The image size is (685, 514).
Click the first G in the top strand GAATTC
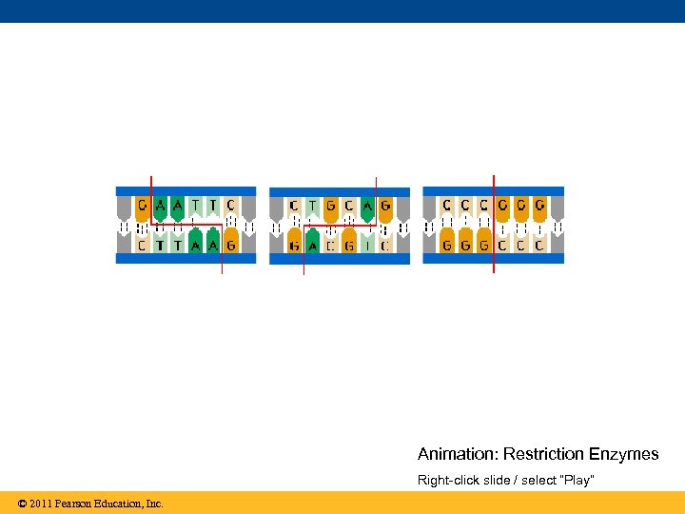[142, 205]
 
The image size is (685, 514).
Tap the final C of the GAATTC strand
[230, 205]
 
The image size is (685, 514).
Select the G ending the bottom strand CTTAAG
[230, 246]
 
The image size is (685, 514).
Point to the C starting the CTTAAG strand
[142, 246]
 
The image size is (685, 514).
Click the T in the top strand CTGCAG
[313, 205]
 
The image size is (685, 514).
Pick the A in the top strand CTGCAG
[367, 205]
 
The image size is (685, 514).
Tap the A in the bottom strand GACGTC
[313, 246]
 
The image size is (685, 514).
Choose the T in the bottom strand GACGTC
[367, 246]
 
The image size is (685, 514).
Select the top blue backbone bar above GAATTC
[186, 191]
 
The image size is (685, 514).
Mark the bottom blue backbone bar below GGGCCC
[493, 258]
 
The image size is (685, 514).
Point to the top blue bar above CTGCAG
[340, 191]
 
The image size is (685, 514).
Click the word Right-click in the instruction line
[444, 480]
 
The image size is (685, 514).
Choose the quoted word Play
[577, 480]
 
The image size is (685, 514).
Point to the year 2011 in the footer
[41, 504]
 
